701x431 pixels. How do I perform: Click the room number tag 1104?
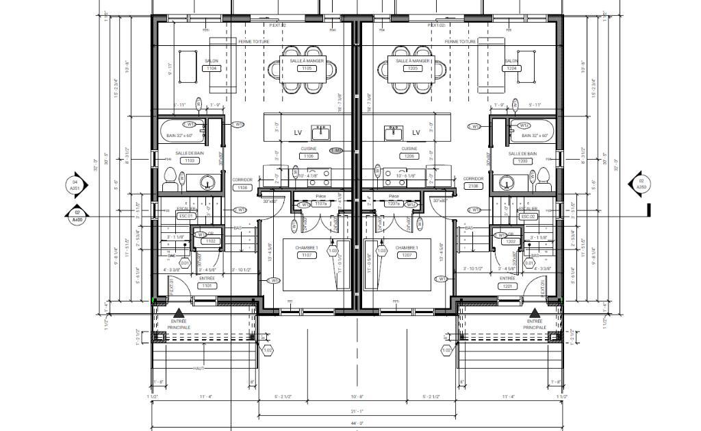pos(212,69)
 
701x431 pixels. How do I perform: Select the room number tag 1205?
pos(412,69)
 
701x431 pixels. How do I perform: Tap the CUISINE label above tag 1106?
pos(308,149)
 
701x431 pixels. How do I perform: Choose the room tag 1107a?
pos(320,204)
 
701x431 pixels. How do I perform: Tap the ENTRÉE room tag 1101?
pos(207,286)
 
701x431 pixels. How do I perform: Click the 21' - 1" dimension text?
pos(356,411)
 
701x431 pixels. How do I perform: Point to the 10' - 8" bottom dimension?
pos(356,397)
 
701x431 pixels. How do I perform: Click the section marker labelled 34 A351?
pos(75,184)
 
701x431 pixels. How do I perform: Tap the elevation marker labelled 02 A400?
pos(77,216)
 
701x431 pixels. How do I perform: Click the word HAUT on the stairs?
pos(199,369)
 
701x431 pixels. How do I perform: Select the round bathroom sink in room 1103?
pos(206,182)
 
